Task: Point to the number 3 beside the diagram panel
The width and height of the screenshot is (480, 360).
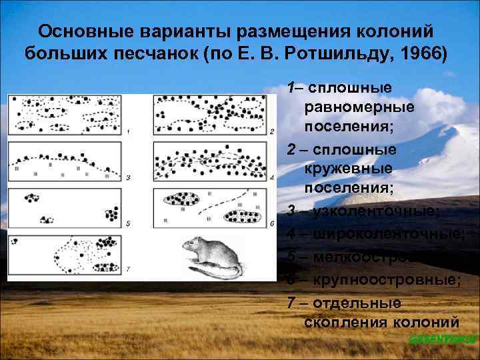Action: [128, 177]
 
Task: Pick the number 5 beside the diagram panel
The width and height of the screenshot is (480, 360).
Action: [128, 223]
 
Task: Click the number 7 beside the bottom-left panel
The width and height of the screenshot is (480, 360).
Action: [128, 269]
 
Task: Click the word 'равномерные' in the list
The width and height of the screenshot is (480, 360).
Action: [359, 107]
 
